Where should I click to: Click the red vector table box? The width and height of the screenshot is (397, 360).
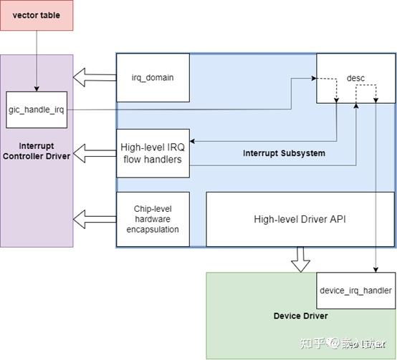click(x=37, y=15)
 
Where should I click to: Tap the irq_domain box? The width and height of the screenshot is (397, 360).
click(x=153, y=77)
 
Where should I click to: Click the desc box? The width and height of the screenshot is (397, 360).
click(x=355, y=77)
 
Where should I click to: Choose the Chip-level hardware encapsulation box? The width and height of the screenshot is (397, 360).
click(x=153, y=219)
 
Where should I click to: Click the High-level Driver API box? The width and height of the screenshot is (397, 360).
click(x=300, y=219)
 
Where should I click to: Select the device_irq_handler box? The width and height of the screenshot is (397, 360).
click(x=355, y=290)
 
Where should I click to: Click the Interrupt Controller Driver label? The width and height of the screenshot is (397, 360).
click(x=37, y=150)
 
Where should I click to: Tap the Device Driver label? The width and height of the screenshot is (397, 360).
click(x=301, y=316)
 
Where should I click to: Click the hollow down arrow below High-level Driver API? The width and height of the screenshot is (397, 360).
click(x=301, y=260)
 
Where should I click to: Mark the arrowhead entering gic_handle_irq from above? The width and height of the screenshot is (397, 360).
click(x=37, y=89)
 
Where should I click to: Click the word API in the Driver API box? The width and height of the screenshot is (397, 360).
click(x=337, y=219)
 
